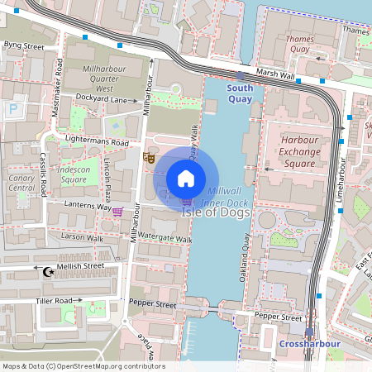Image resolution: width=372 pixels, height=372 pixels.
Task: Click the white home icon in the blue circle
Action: [x=186, y=179]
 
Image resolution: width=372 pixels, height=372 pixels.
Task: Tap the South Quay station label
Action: [x=240, y=93]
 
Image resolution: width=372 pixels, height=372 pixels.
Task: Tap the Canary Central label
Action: [x=21, y=182]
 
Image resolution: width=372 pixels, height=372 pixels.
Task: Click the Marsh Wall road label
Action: [x=276, y=74]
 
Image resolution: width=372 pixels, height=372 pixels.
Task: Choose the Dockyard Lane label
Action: [x=101, y=99]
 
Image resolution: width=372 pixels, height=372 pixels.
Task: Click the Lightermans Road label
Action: [x=98, y=141]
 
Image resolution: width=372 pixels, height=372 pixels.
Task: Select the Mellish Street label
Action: [x=80, y=266]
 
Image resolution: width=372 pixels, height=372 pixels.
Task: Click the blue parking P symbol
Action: [x=12, y=107]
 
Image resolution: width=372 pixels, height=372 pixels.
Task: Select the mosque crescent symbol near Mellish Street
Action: [x=46, y=270]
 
